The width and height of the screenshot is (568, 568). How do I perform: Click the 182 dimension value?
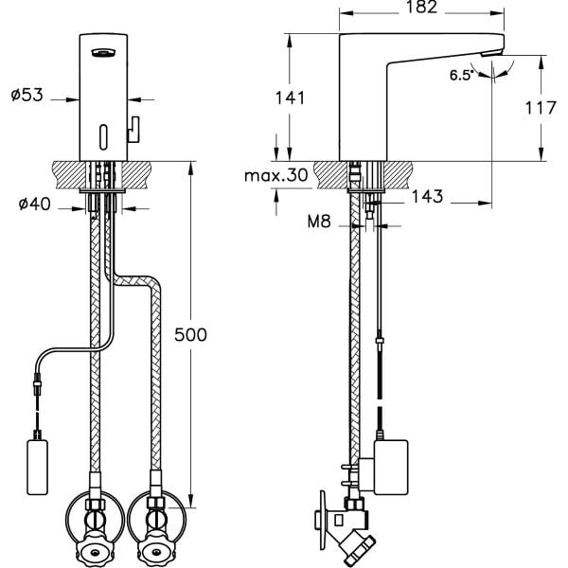point(421,8)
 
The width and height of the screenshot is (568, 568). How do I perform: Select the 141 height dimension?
point(291,98)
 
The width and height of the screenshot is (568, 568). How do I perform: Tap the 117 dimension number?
point(541,108)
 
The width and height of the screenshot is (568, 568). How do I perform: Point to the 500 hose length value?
point(190,335)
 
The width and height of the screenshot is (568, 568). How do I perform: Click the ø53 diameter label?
point(27,95)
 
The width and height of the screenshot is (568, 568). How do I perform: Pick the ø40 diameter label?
point(35,204)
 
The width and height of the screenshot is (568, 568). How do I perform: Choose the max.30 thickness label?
point(276,176)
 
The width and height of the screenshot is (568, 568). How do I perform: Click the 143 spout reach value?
point(428,196)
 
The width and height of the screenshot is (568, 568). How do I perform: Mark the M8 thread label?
point(319,222)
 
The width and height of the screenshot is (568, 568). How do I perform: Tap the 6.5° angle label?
point(462,76)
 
